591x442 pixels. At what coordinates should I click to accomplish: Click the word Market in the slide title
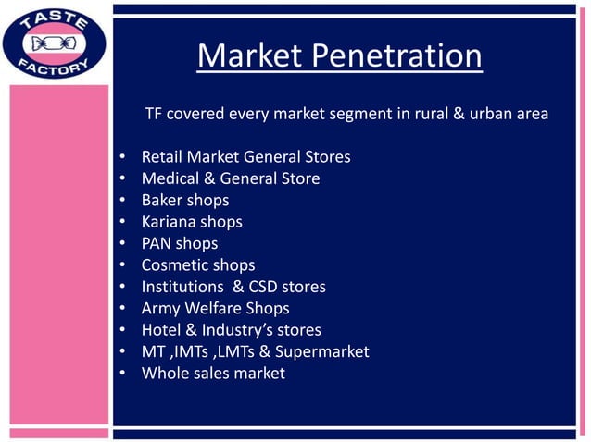(x=248, y=57)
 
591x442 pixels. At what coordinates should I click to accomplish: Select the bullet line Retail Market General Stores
(x=245, y=156)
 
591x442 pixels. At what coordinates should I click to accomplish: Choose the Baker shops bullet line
(x=184, y=200)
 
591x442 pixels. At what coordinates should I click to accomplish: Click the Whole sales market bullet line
(x=213, y=374)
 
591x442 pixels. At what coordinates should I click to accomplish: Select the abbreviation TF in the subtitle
(x=155, y=114)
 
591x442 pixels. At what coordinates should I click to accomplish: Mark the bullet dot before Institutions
(x=122, y=288)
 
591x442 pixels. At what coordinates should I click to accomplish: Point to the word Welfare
(x=215, y=309)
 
